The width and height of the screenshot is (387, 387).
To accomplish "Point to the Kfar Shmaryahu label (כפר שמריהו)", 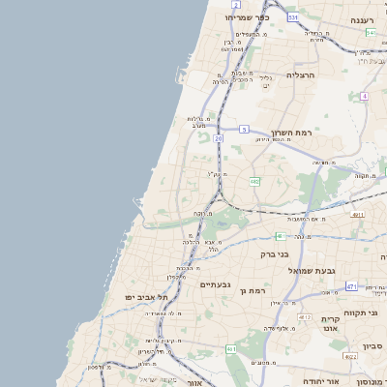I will [x=247, y=17].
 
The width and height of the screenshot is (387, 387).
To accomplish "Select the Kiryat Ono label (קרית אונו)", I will [x=331, y=323].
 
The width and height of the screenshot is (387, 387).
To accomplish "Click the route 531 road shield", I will [x=292, y=16].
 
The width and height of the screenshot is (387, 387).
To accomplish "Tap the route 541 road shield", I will [x=372, y=32].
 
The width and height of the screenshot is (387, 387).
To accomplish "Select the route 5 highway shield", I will [x=245, y=129].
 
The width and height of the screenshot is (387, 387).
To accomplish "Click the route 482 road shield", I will [x=253, y=181].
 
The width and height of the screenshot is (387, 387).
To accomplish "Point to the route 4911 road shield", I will [x=358, y=215].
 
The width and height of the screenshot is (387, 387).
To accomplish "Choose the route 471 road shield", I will [x=351, y=286].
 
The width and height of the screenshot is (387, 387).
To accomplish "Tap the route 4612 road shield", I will [x=306, y=316].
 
